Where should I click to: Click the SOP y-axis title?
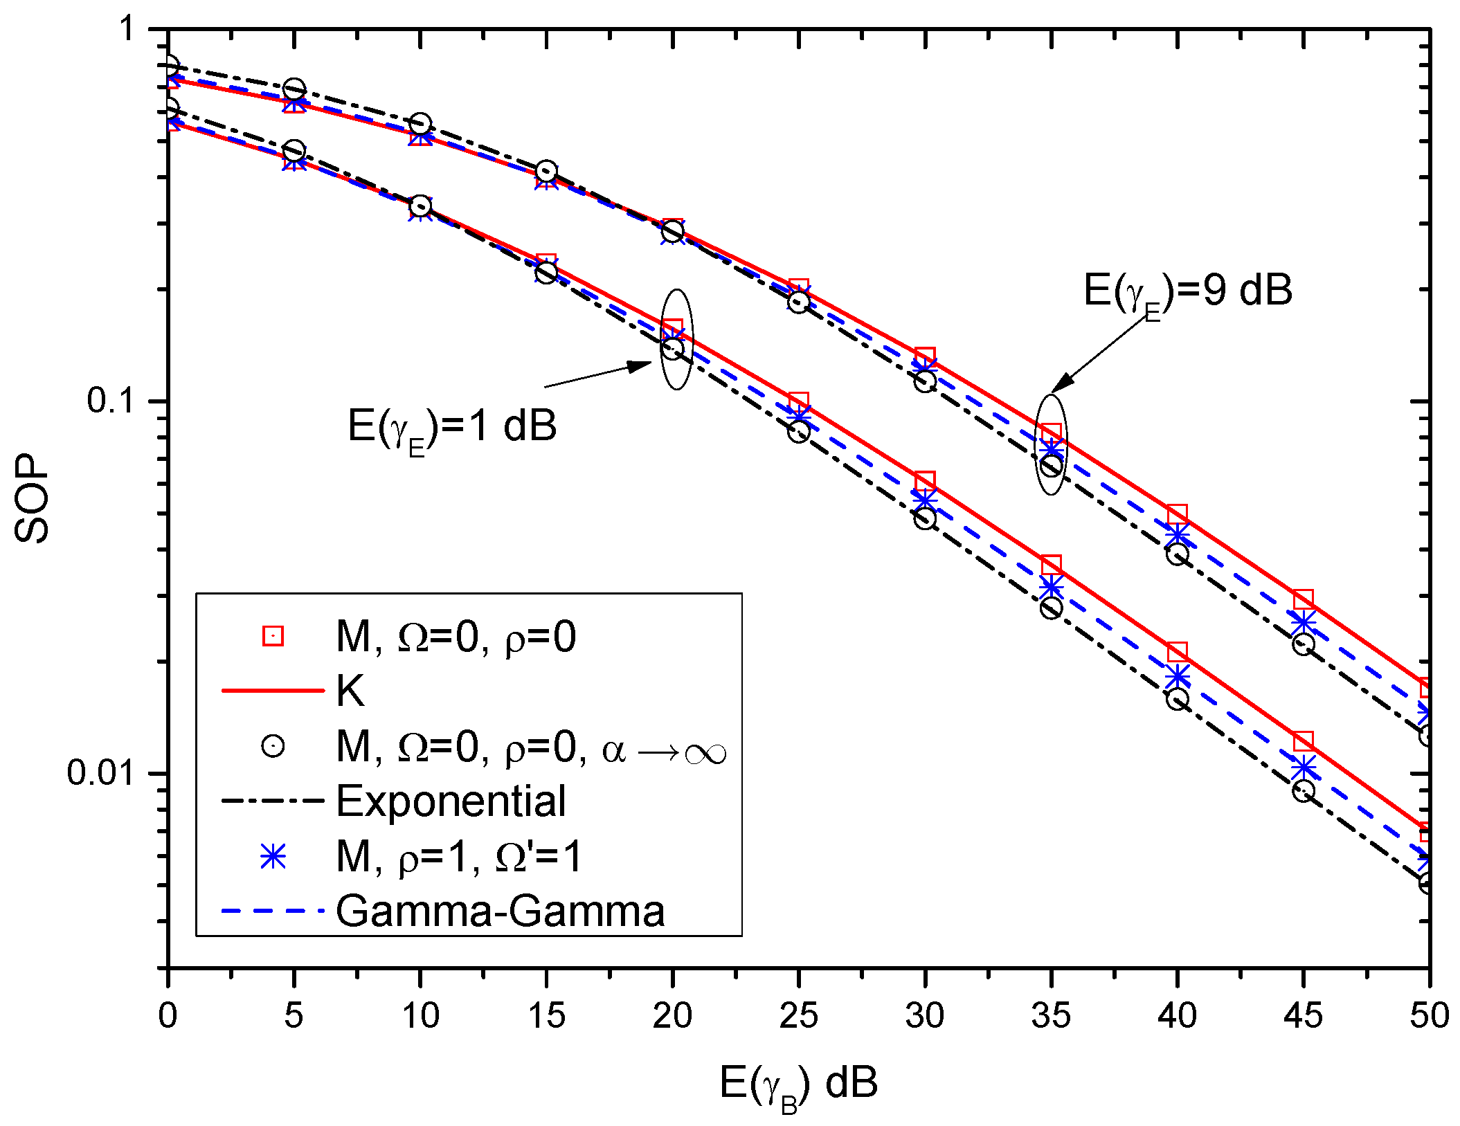pos(32,498)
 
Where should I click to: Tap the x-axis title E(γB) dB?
pos(798,1084)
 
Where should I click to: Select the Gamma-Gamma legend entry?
pos(500,911)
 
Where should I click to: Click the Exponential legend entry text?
pos(451,801)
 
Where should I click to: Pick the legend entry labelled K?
pos(350,691)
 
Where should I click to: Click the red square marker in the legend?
pos(273,635)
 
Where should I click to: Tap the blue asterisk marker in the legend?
pos(273,857)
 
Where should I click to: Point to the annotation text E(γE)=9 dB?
pos(1188,291)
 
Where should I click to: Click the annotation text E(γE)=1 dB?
pos(452,426)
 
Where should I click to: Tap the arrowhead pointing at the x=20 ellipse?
pos(640,365)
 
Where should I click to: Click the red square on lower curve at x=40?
pos(1177,652)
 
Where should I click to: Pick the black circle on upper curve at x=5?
pos(294,90)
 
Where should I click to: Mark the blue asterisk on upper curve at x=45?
pos(1304,621)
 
